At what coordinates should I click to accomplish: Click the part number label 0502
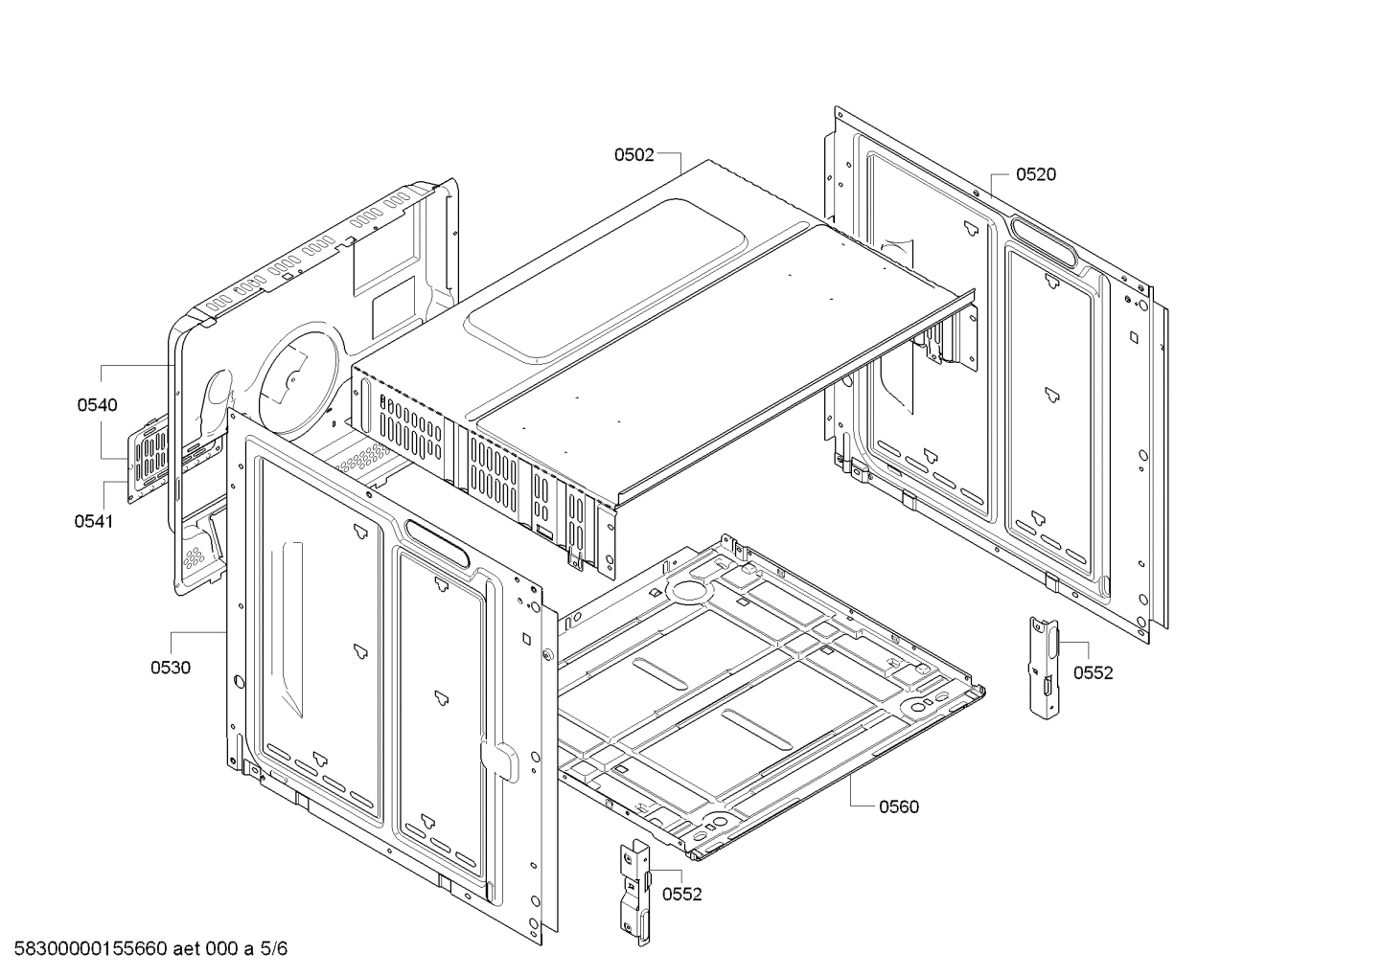coord(633,154)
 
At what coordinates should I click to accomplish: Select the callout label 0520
coord(1035,174)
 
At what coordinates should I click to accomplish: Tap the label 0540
coord(97,405)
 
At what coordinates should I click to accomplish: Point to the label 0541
coord(93,521)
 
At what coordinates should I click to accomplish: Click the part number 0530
coord(170,668)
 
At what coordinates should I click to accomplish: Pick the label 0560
coord(898,806)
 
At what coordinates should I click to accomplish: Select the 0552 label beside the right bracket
coord(1093,673)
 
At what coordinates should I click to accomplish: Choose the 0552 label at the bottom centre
coord(681,895)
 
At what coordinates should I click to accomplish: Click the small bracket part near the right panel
coord(1043,665)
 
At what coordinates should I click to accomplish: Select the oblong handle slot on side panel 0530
coord(436,543)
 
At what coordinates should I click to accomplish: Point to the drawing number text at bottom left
coord(86,949)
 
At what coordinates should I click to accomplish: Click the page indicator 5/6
coord(273,949)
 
